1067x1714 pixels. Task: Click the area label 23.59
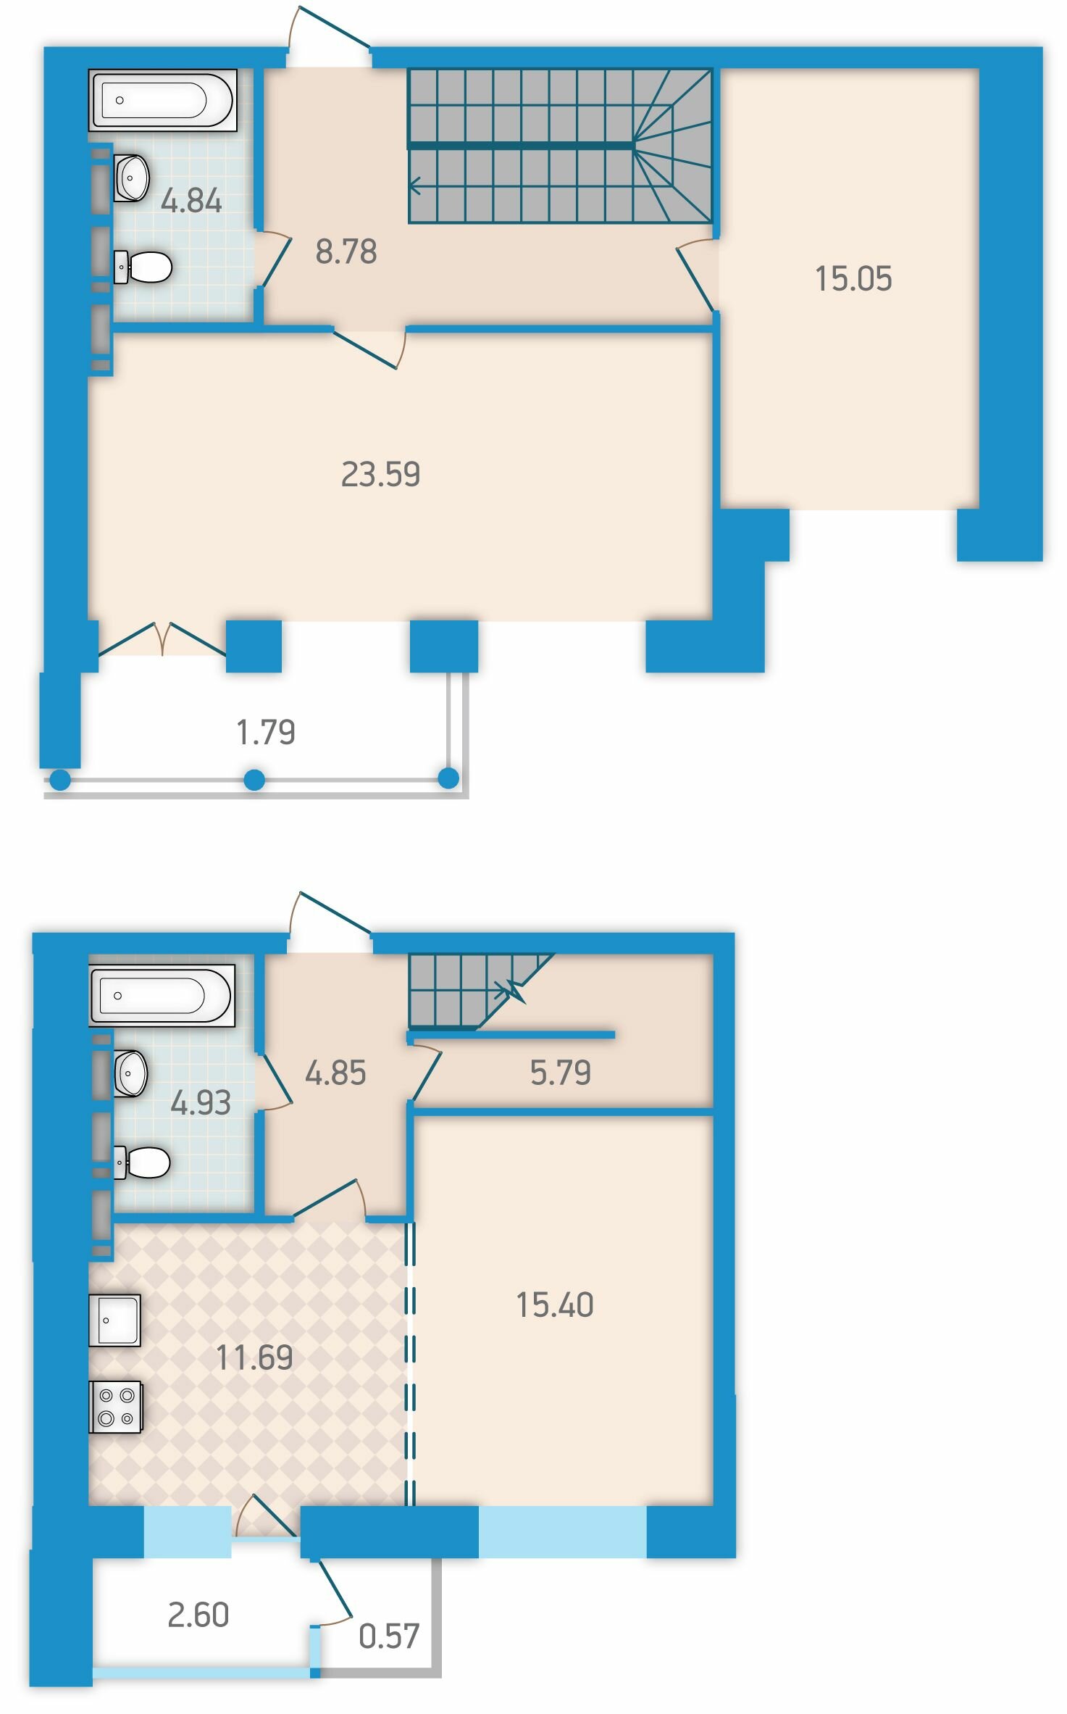click(380, 475)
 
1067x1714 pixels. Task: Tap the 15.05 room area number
click(853, 279)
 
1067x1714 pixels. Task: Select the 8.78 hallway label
click(346, 251)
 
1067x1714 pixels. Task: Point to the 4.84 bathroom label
click(191, 201)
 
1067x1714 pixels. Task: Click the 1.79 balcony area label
click(266, 732)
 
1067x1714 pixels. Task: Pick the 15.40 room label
click(555, 1305)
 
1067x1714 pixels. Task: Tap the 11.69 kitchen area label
click(254, 1357)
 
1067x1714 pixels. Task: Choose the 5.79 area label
click(561, 1073)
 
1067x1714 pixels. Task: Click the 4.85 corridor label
click(335, 1073)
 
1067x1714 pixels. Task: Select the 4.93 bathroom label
click(201, 1102)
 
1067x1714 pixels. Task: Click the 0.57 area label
click(389, 1636)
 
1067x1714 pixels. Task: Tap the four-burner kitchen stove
click(115, 1407)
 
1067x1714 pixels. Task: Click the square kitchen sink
click(114, 1320)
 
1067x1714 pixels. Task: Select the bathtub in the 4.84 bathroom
click(163, 100)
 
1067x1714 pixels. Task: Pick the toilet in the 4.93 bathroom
click(142, 1162)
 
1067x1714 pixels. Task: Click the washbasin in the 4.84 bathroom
click(131, 178)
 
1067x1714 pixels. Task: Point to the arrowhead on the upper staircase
click(414, 186)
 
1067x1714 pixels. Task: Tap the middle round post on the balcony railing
click(254, 780)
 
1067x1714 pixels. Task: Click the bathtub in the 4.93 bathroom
click(162, 995)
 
